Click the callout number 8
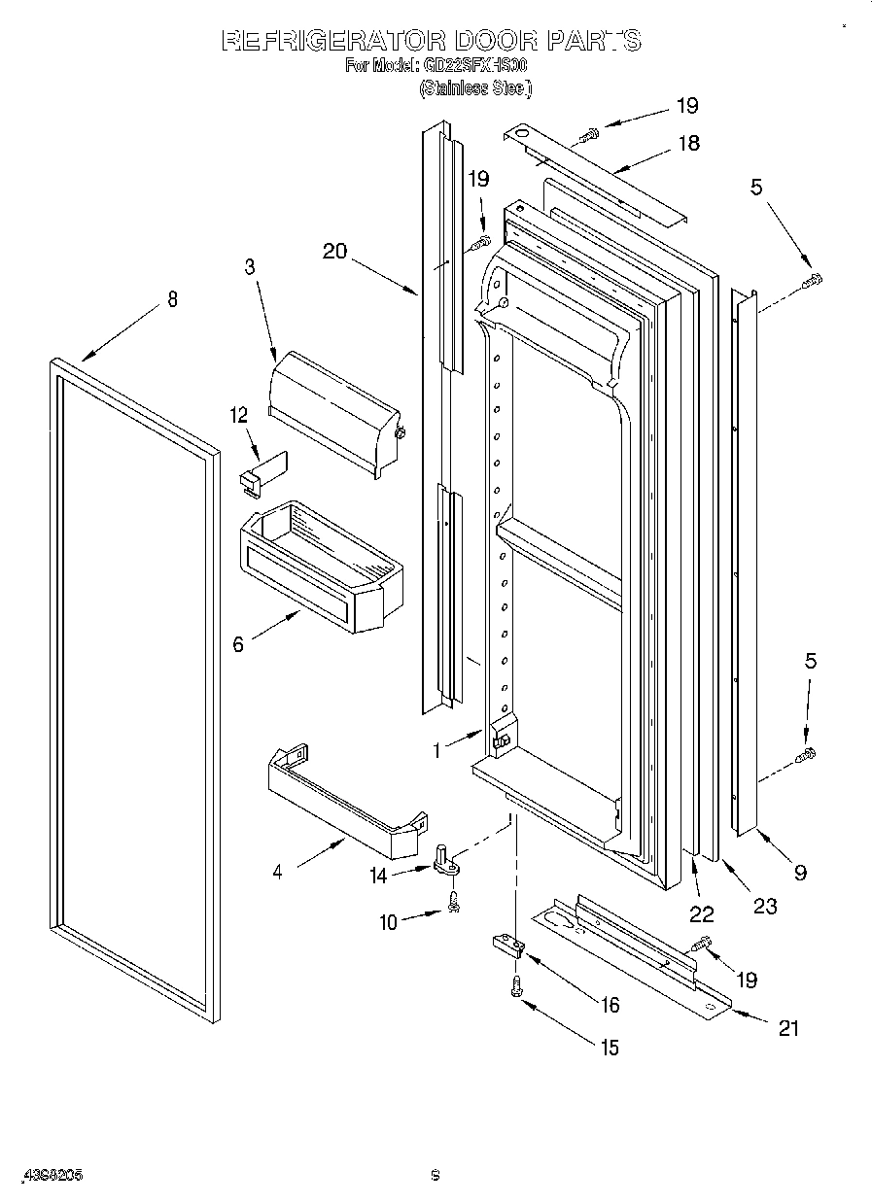click(172, 299)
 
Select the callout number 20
click(334, 251)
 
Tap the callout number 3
click(250, 267)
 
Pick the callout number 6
click(239, 643)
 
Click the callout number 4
click(278, 872)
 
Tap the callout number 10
click(389, 922)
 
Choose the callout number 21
click(788, 1027)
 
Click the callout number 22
click(701, 913)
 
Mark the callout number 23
click(765, 906)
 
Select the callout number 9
click(800, 872)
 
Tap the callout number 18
click(688, 143)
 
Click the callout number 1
click(437, 750)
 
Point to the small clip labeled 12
click(260, 469)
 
